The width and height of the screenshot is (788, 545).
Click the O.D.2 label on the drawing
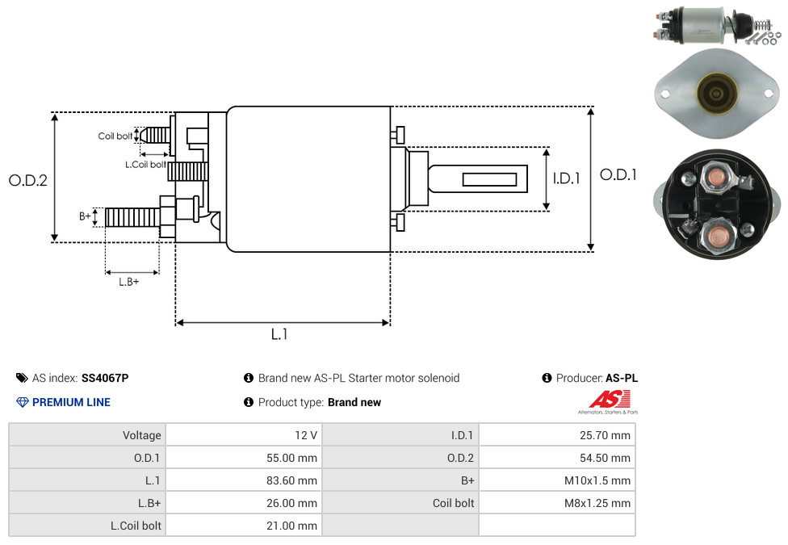click(x=28, y=180)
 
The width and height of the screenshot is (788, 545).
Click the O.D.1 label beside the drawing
click(x=618, y=174)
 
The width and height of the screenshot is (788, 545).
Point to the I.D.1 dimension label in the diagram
click(x=567, y=178)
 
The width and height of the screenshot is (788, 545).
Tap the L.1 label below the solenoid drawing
click(x=279, y=333)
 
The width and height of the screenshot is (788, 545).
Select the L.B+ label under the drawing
click(x=128, y=282)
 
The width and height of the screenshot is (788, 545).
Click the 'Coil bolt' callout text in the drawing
click(x=115, y=136)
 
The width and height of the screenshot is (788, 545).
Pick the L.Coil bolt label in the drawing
click(x=145, y=165)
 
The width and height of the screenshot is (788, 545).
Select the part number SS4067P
click(x=105, y=378)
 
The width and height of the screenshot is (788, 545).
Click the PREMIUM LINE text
click(x=71, y=402)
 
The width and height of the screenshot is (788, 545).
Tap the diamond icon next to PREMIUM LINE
click(x=23, y=402)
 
